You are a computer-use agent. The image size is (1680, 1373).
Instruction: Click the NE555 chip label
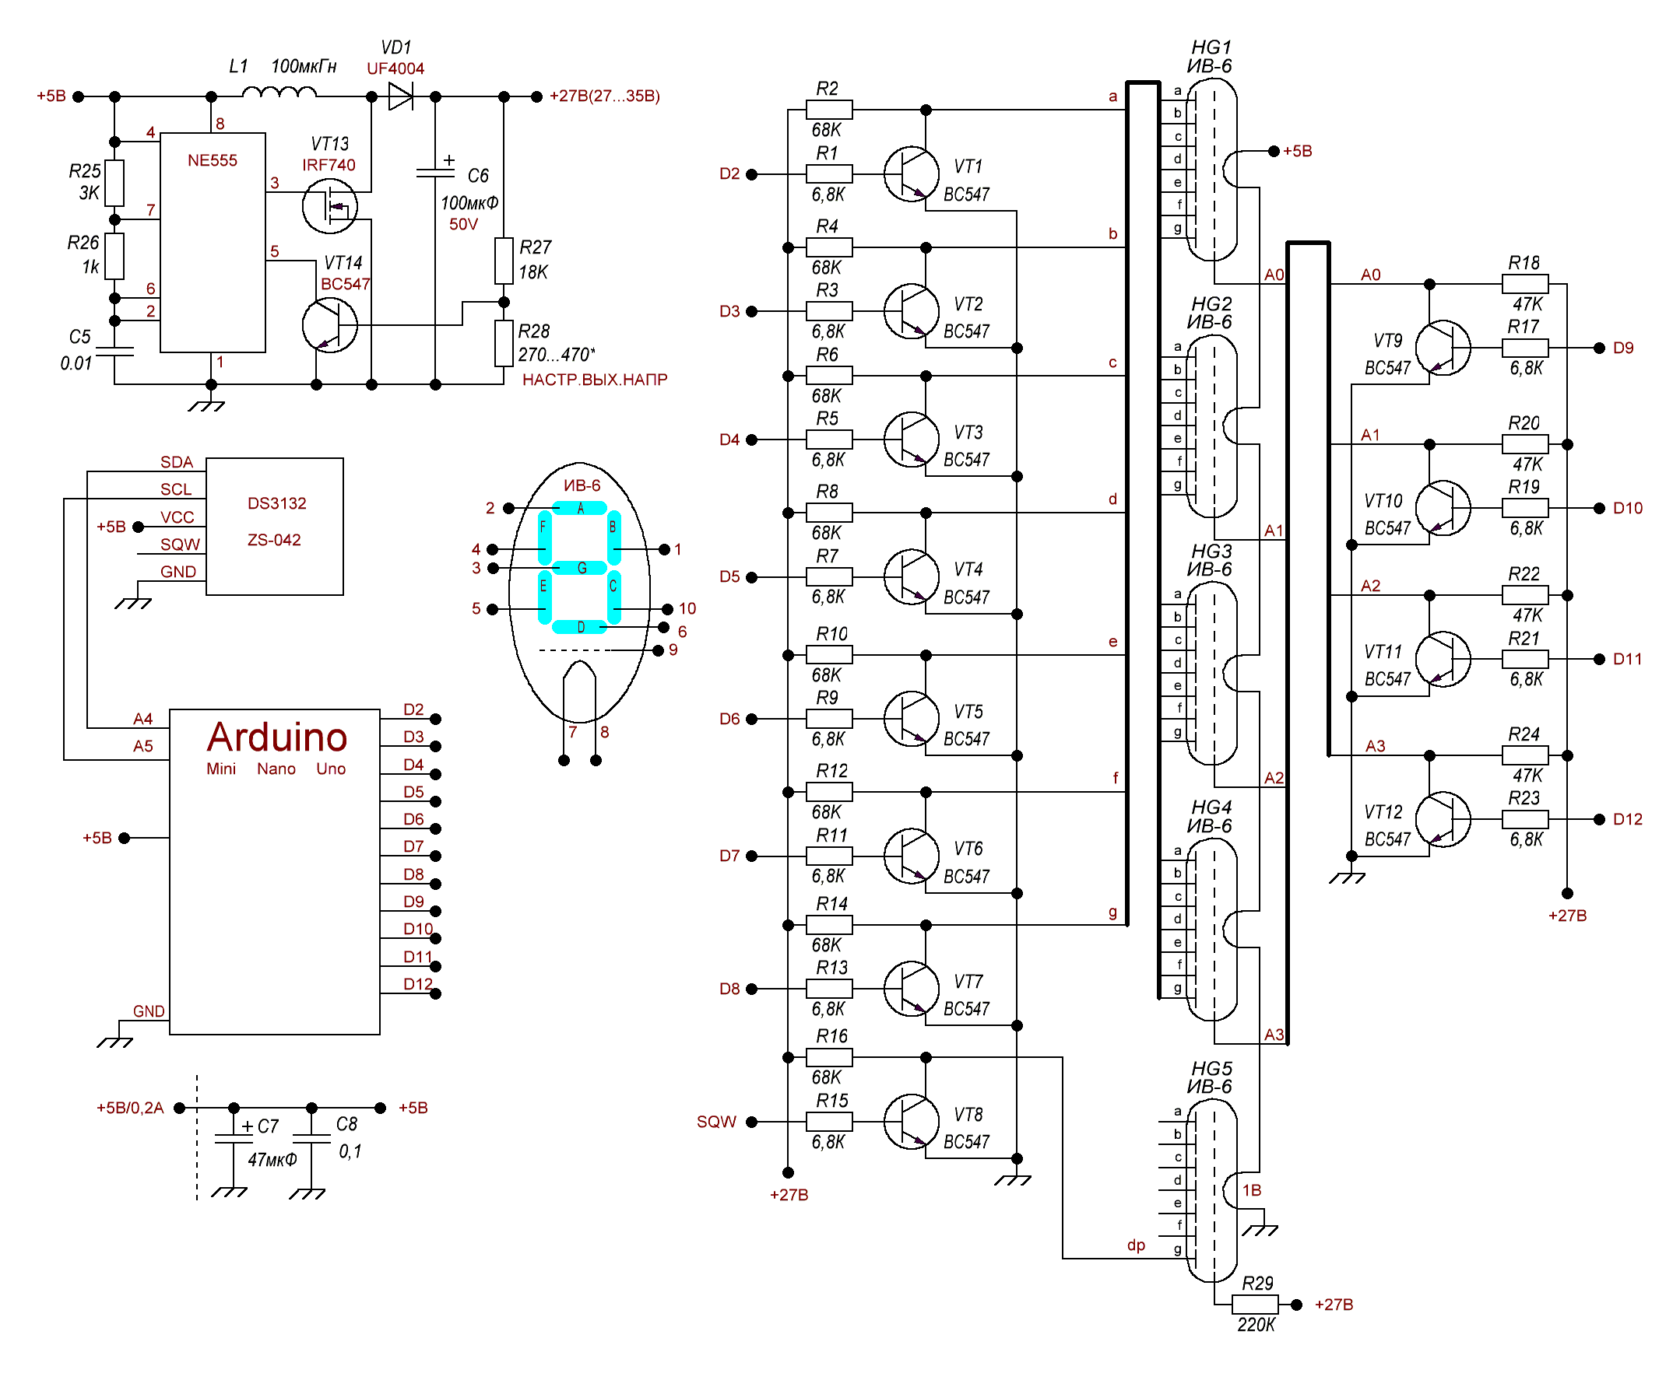[212, 160]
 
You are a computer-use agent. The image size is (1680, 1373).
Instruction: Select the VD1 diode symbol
[400, 96]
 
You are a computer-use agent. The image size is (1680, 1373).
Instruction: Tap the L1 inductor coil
[279, 93]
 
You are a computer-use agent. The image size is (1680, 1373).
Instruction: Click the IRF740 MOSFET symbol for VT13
[330, 206]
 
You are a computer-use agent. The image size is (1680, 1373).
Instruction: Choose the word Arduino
[277, 737]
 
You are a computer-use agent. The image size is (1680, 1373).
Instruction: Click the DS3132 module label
[277, 504]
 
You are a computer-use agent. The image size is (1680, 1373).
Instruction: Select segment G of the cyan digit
[581, 568]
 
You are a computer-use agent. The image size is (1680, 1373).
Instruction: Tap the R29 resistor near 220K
[1255, 1305]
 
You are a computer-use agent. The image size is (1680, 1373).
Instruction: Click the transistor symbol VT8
[911, 1123]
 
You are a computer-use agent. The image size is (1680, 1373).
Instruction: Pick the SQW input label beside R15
[716, 1123]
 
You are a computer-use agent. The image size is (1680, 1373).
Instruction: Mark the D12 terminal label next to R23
[1628, 819]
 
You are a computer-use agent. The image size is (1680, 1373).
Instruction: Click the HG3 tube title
[1211, 551]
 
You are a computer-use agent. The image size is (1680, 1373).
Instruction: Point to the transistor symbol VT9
[1443, 348]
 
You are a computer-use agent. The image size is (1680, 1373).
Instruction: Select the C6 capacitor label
[478, 176]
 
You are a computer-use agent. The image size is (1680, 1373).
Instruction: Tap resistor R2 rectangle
[829, 109]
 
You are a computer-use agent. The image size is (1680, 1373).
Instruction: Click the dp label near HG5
[1137, 1245]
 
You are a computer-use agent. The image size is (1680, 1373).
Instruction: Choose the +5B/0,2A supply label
[130, 1108]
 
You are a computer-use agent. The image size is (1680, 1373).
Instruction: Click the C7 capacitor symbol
[234, 1139]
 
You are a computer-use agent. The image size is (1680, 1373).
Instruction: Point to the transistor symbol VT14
[330, 325]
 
